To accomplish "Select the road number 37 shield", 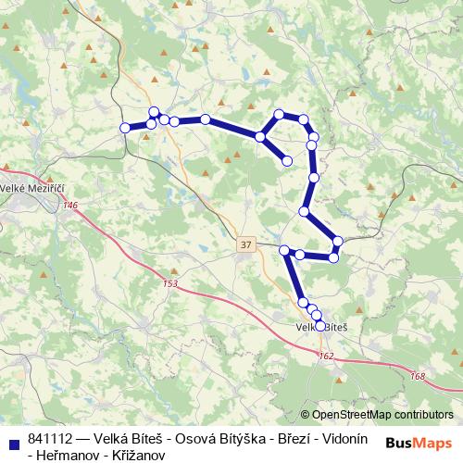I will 244,244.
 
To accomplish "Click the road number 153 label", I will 169,283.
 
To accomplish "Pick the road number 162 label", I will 326,356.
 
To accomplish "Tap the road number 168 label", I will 418,375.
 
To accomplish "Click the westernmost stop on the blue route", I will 125,128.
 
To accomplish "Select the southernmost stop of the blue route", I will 320,325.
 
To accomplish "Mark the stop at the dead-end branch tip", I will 287,161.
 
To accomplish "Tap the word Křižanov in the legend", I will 138,456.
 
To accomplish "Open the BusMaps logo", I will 418,444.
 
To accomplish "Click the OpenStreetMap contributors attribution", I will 383,415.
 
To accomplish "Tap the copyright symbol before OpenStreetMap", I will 306,415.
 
